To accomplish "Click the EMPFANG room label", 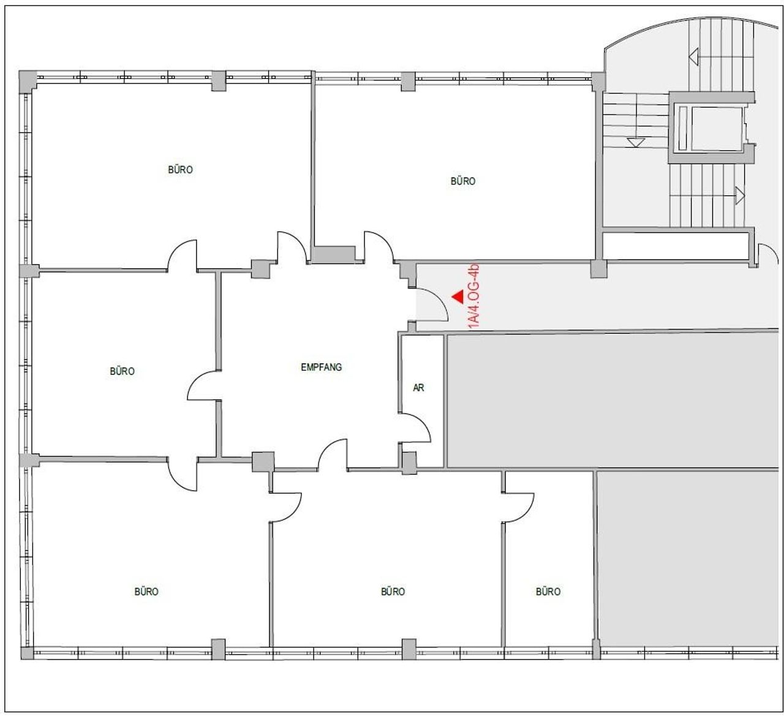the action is pyautogui.click(x=322, y=367).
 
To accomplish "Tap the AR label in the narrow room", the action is pyautogui.click(x=418, y=388).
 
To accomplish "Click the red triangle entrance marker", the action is pyautogui.click(x=458, y=297).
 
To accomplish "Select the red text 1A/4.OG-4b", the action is pyautogui.click(x=474, y=296).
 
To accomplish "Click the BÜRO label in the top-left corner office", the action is pyautogui.click(x=180, y=169).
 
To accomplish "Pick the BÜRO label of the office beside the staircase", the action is pyautogui.click(x=462, y=181).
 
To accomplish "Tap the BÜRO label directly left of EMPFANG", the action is pyautogui.click(x=122, y=371).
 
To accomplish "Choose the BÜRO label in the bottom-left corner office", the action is pyautogui.click(x=146, y=591).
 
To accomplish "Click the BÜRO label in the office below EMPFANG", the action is pyautogui.click(x=393, y=591).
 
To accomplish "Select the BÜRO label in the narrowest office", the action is pyautogui.click(x=548, y=591).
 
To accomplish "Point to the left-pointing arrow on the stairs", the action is pyautogui.click(x=693, y=57).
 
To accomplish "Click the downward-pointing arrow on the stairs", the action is pyautogui.click(x=636, y=142).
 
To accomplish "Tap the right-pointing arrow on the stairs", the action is pyautogui.click(x=740, y=195).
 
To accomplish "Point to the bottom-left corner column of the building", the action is pyautogui.click(x=27, y=653).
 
